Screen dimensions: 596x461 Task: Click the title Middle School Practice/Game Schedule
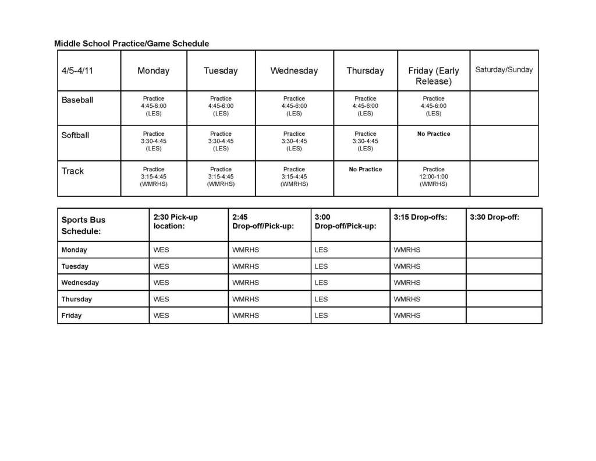coord(132,44)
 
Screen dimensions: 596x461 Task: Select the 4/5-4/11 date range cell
coord(77,71)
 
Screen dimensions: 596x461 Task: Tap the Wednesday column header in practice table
coord(294,71)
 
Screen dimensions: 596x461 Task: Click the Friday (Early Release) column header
coord(434,76)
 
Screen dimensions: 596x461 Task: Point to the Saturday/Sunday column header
coord(503,70)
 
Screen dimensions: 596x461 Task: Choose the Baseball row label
coord(77,100)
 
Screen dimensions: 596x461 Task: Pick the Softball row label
coord(76,135)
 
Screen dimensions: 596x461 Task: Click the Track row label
coord(73,171)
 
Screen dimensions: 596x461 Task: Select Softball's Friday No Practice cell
coord(434,134)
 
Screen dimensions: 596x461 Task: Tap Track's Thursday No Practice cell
coord(366,170)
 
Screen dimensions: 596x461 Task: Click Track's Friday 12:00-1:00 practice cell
coord(434,177)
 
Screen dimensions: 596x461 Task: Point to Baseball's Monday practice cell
coord(154,106)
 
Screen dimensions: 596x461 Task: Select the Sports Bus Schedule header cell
coord(84,226)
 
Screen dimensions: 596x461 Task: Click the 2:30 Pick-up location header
coord(175,221)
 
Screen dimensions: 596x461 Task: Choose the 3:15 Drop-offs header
coord(420,217)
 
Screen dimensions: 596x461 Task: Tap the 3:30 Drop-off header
coord(494,217)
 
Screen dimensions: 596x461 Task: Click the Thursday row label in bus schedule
coord(77,300)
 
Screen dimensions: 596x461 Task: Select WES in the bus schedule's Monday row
coord(161,250)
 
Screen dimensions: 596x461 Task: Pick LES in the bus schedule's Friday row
coord(321,316)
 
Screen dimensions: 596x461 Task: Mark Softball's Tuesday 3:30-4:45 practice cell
coord(221,141)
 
